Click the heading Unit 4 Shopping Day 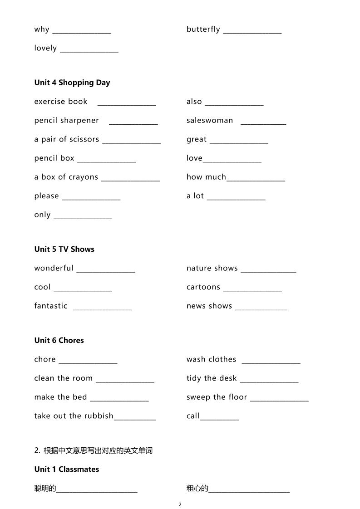pyautogui.click(x=72, y=83)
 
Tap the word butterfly pyautogui.click(x=203, y=29)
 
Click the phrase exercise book pyautogui.click(x=61, y=102)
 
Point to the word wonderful pyautogui.click(x=54, y=268)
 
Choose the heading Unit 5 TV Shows pyautogui.click(x=64, y=249)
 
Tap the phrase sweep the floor pyautogui.click(x=217, y=397)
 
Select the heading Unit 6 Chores pyautogui.click(x=59, y=340)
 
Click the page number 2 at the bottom pyautogui.click(x=180, y=504)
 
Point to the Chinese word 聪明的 pyautogui.click(x=45, y=489)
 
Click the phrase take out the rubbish pyautogui.click(x=74, y=416)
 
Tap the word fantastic pyautogui.click(x=51, y=306)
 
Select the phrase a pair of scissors pyautogui.click(x=66, y=139)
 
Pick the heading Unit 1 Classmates pyautogui.click(x=66, y=469)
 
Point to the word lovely pyautogui.click(x=45, y=48)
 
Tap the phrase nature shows pyautogui.click(x=212, y=268)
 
